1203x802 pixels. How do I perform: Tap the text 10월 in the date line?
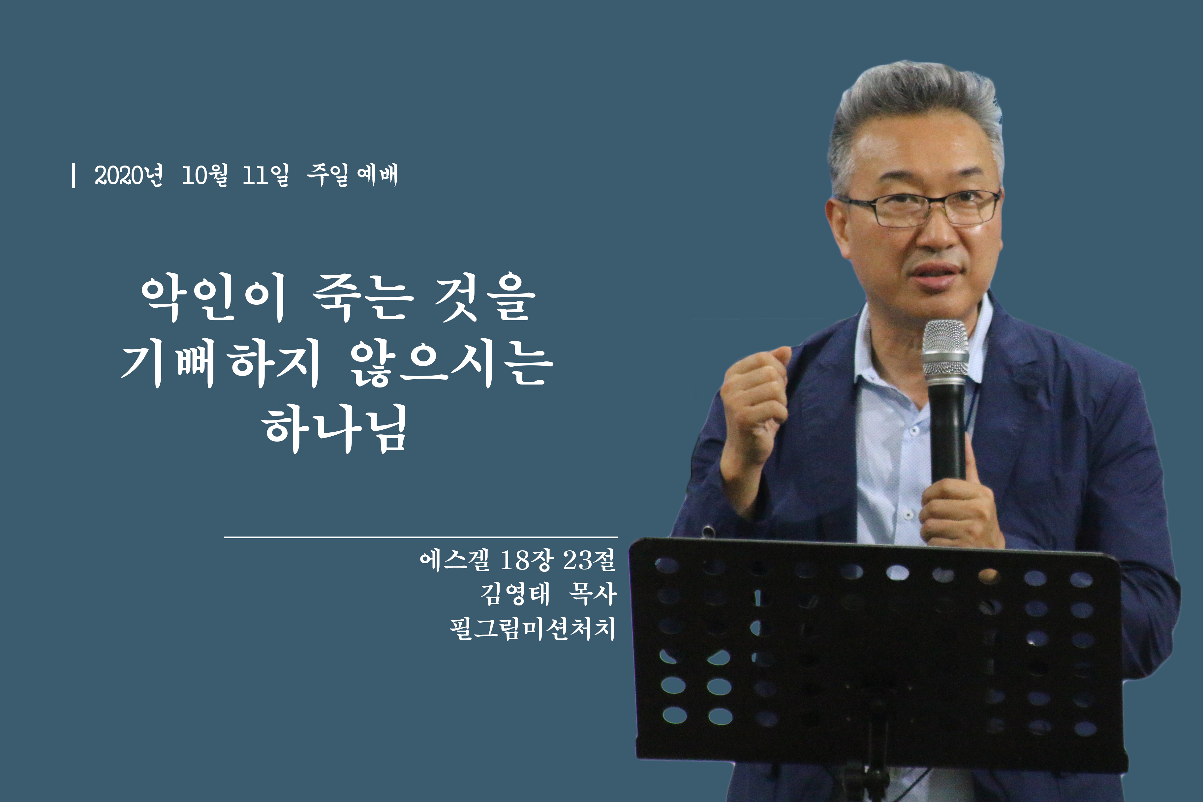pos(204,175)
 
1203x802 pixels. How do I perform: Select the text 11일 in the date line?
pos(265,175)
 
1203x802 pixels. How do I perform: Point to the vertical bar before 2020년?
pos(74,175)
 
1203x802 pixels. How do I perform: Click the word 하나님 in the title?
pos(335,429)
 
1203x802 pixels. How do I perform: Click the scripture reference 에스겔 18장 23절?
pos(518,560)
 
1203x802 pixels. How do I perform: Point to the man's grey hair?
pos(915,112)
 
